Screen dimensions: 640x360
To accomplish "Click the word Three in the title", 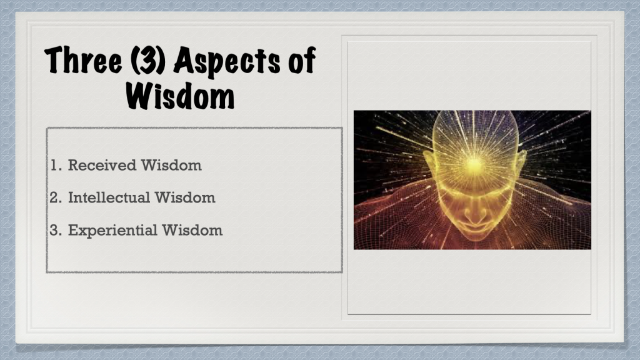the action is tap(83, 60).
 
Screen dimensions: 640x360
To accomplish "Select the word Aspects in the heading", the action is tap(227, 61).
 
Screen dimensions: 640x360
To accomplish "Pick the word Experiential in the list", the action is tap(112, 231).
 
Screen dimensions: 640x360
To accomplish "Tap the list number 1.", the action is tap(56, 165).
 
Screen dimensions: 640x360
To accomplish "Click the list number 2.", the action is tap(56, 197).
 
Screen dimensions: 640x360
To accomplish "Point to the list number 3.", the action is tap(56, 230).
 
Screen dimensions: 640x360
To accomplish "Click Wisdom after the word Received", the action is tap(171, 165).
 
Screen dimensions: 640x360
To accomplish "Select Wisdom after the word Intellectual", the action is tap(185, 197).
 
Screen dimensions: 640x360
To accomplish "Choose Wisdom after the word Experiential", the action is tap(192, 230).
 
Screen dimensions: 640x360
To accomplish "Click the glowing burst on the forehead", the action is tap(474, 164).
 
